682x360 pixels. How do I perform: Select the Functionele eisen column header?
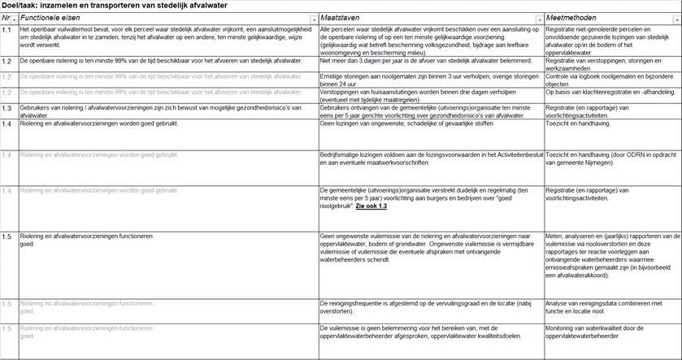(49, 17)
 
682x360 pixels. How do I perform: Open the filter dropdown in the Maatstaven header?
(539, 18)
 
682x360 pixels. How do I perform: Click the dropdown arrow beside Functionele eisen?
(314, 18)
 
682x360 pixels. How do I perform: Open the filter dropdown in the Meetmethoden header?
(676, 18)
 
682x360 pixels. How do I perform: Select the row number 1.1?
(7, 30)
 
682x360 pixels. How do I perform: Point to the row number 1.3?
(7, 107)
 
